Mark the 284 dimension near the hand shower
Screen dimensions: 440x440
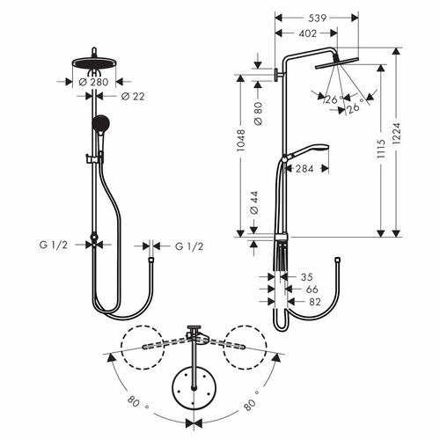[x=303, y=169]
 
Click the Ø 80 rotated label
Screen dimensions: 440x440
[x=255, y=114]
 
